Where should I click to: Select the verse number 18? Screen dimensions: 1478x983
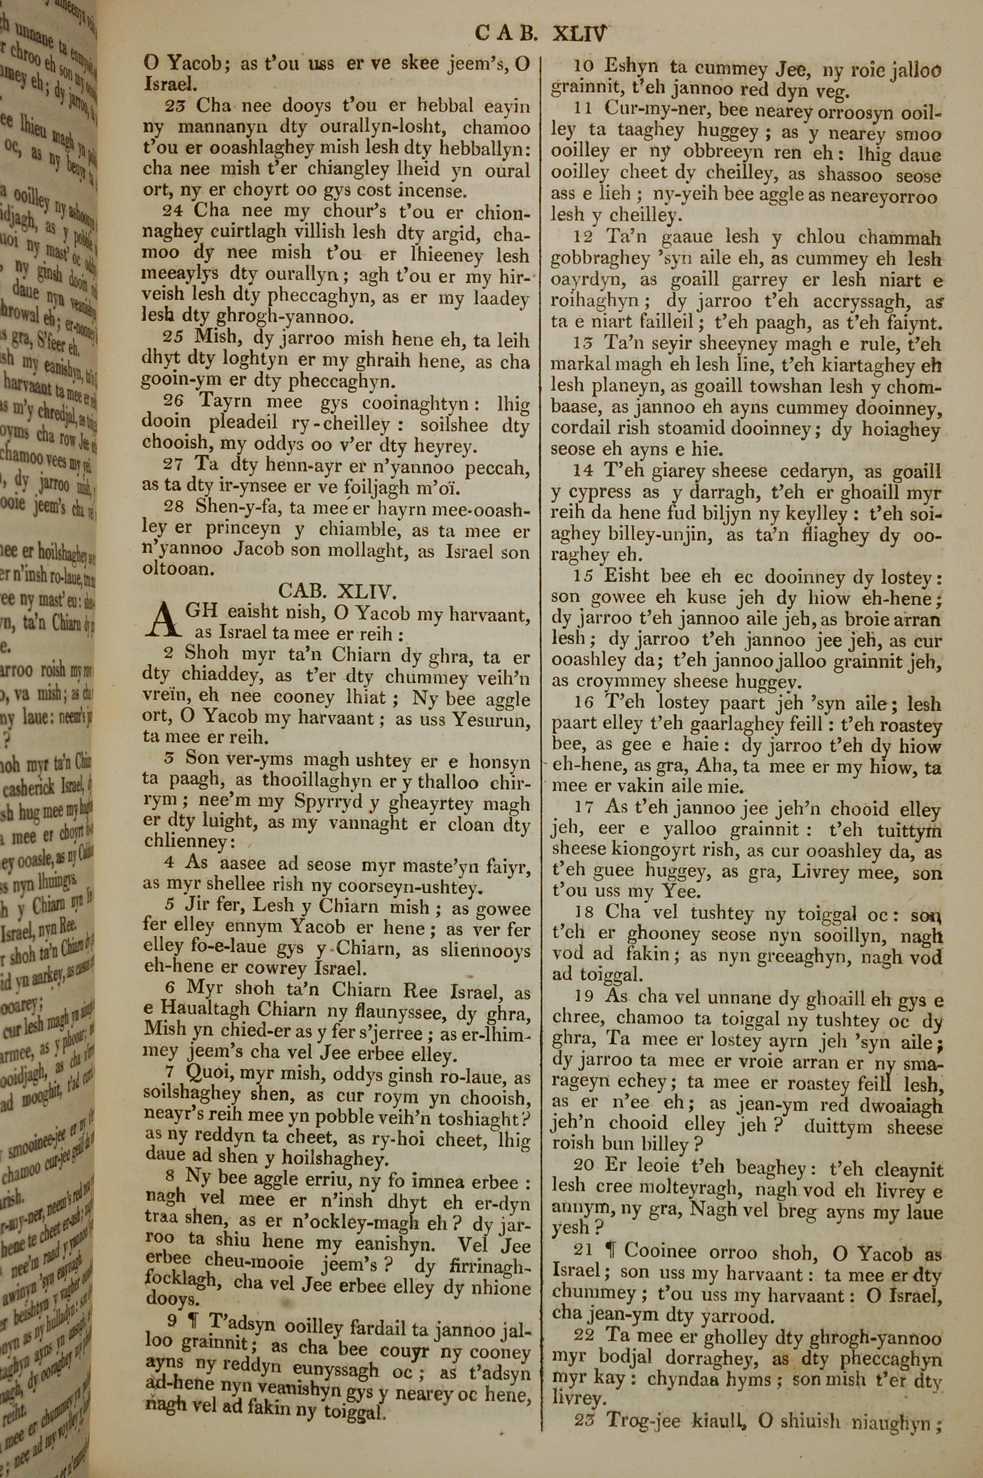[584, 913]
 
